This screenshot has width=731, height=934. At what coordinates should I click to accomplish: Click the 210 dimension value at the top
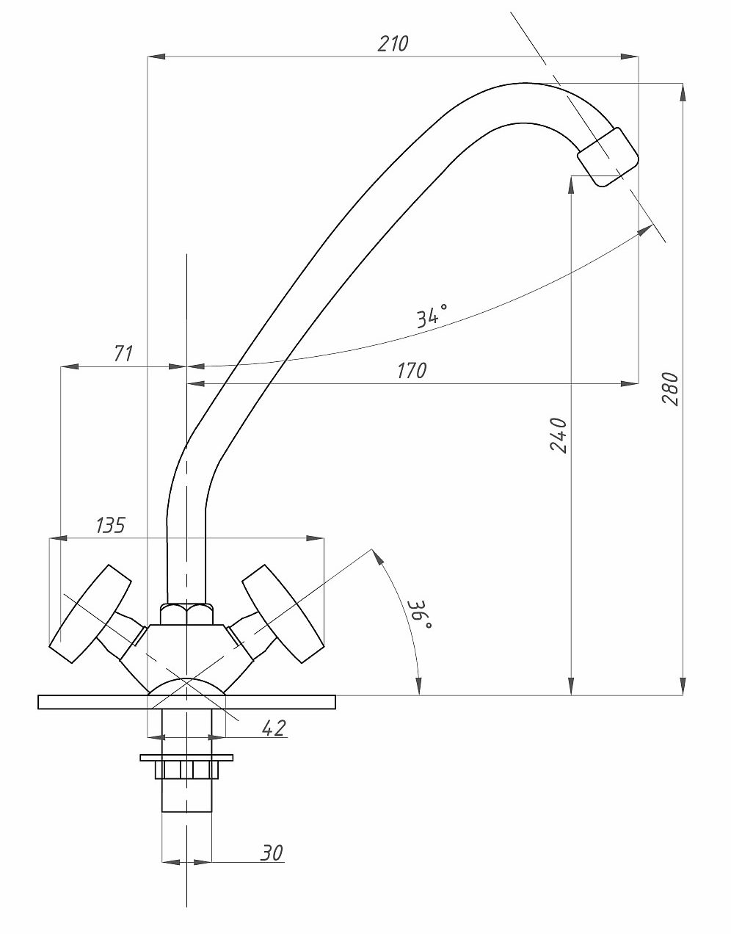[x=393, y=43]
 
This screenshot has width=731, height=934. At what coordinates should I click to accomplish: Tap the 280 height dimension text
[x=670, y=388]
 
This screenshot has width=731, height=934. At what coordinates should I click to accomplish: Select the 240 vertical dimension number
[x=559, y=435]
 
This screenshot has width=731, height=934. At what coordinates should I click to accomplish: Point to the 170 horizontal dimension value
[x=412, y=371]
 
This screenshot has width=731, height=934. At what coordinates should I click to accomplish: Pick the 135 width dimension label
[x=110, y=525]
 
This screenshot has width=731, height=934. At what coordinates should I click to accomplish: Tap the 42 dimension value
[x=274, y=728]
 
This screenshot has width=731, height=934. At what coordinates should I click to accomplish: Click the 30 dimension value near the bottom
[x=272, y=852]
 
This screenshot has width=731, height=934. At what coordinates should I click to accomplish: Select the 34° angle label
[x=432, y=316]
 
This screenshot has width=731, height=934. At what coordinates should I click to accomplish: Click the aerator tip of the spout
[x=608, y=157]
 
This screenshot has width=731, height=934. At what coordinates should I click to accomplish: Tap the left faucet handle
[x=90, y=614]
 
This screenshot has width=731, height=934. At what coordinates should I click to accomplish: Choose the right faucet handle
[x=282, y=614]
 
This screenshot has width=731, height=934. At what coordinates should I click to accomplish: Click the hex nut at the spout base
[x=187, y=614]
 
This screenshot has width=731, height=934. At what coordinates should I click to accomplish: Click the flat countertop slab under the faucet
[x=187, y=702]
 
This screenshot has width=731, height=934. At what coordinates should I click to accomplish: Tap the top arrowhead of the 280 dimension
[x=683, y=92]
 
